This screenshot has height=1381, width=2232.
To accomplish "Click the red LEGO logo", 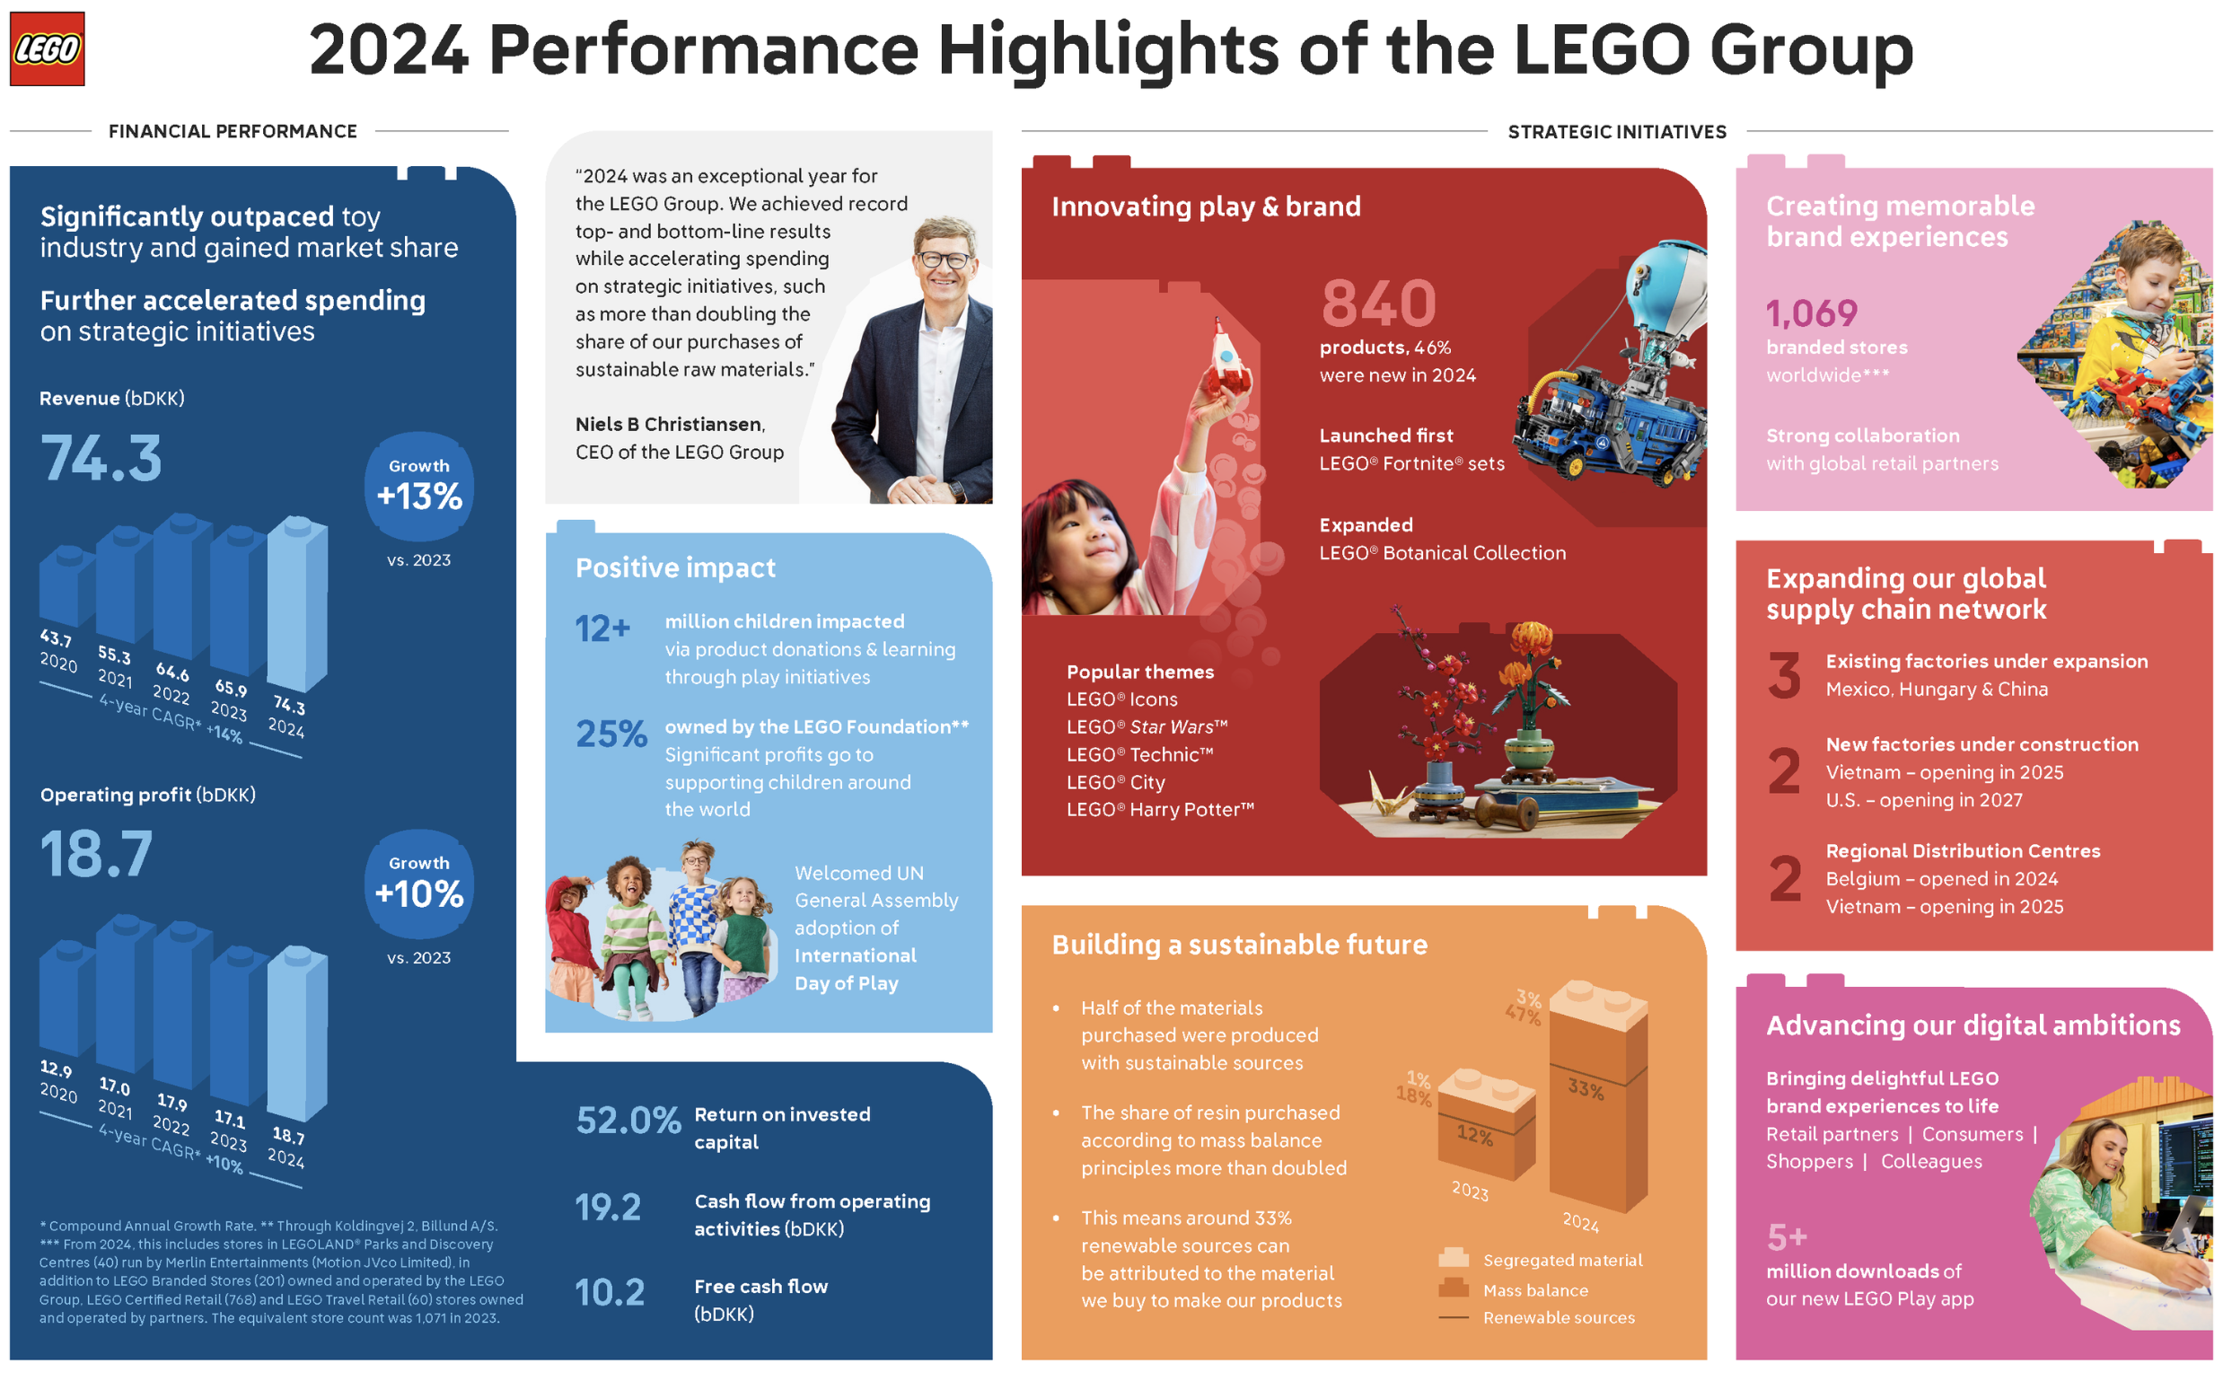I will click(x=47, y=48).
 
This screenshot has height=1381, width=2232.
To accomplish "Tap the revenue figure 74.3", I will click(x=101, y=459).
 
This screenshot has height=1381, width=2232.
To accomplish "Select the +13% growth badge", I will click(x=419, y=488).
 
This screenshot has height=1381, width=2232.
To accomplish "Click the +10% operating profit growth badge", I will click(x=419, y=885).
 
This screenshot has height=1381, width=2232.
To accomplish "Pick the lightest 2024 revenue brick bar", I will click(x=298, y=602).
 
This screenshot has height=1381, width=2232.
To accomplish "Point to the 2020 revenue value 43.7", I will click(x=57, y=638).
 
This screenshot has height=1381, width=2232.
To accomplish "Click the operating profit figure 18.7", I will click(x=97, y=855).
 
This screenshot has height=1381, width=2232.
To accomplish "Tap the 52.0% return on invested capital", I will click(x=628, y=1121).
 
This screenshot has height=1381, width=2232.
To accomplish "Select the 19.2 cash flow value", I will click(x=608, y=1208).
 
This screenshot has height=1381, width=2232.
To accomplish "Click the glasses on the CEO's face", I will click(x=945, y=259).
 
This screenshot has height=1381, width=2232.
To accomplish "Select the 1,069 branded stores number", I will click(x=1811, y=314).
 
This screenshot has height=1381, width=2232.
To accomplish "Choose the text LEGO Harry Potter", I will click(x=1160, y=809).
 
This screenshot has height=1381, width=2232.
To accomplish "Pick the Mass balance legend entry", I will click(x=1534, y=1289).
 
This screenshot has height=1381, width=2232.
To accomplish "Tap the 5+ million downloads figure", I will click(x=1787, y=1237).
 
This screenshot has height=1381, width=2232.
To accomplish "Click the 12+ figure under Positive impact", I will click(x=602, y=629).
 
